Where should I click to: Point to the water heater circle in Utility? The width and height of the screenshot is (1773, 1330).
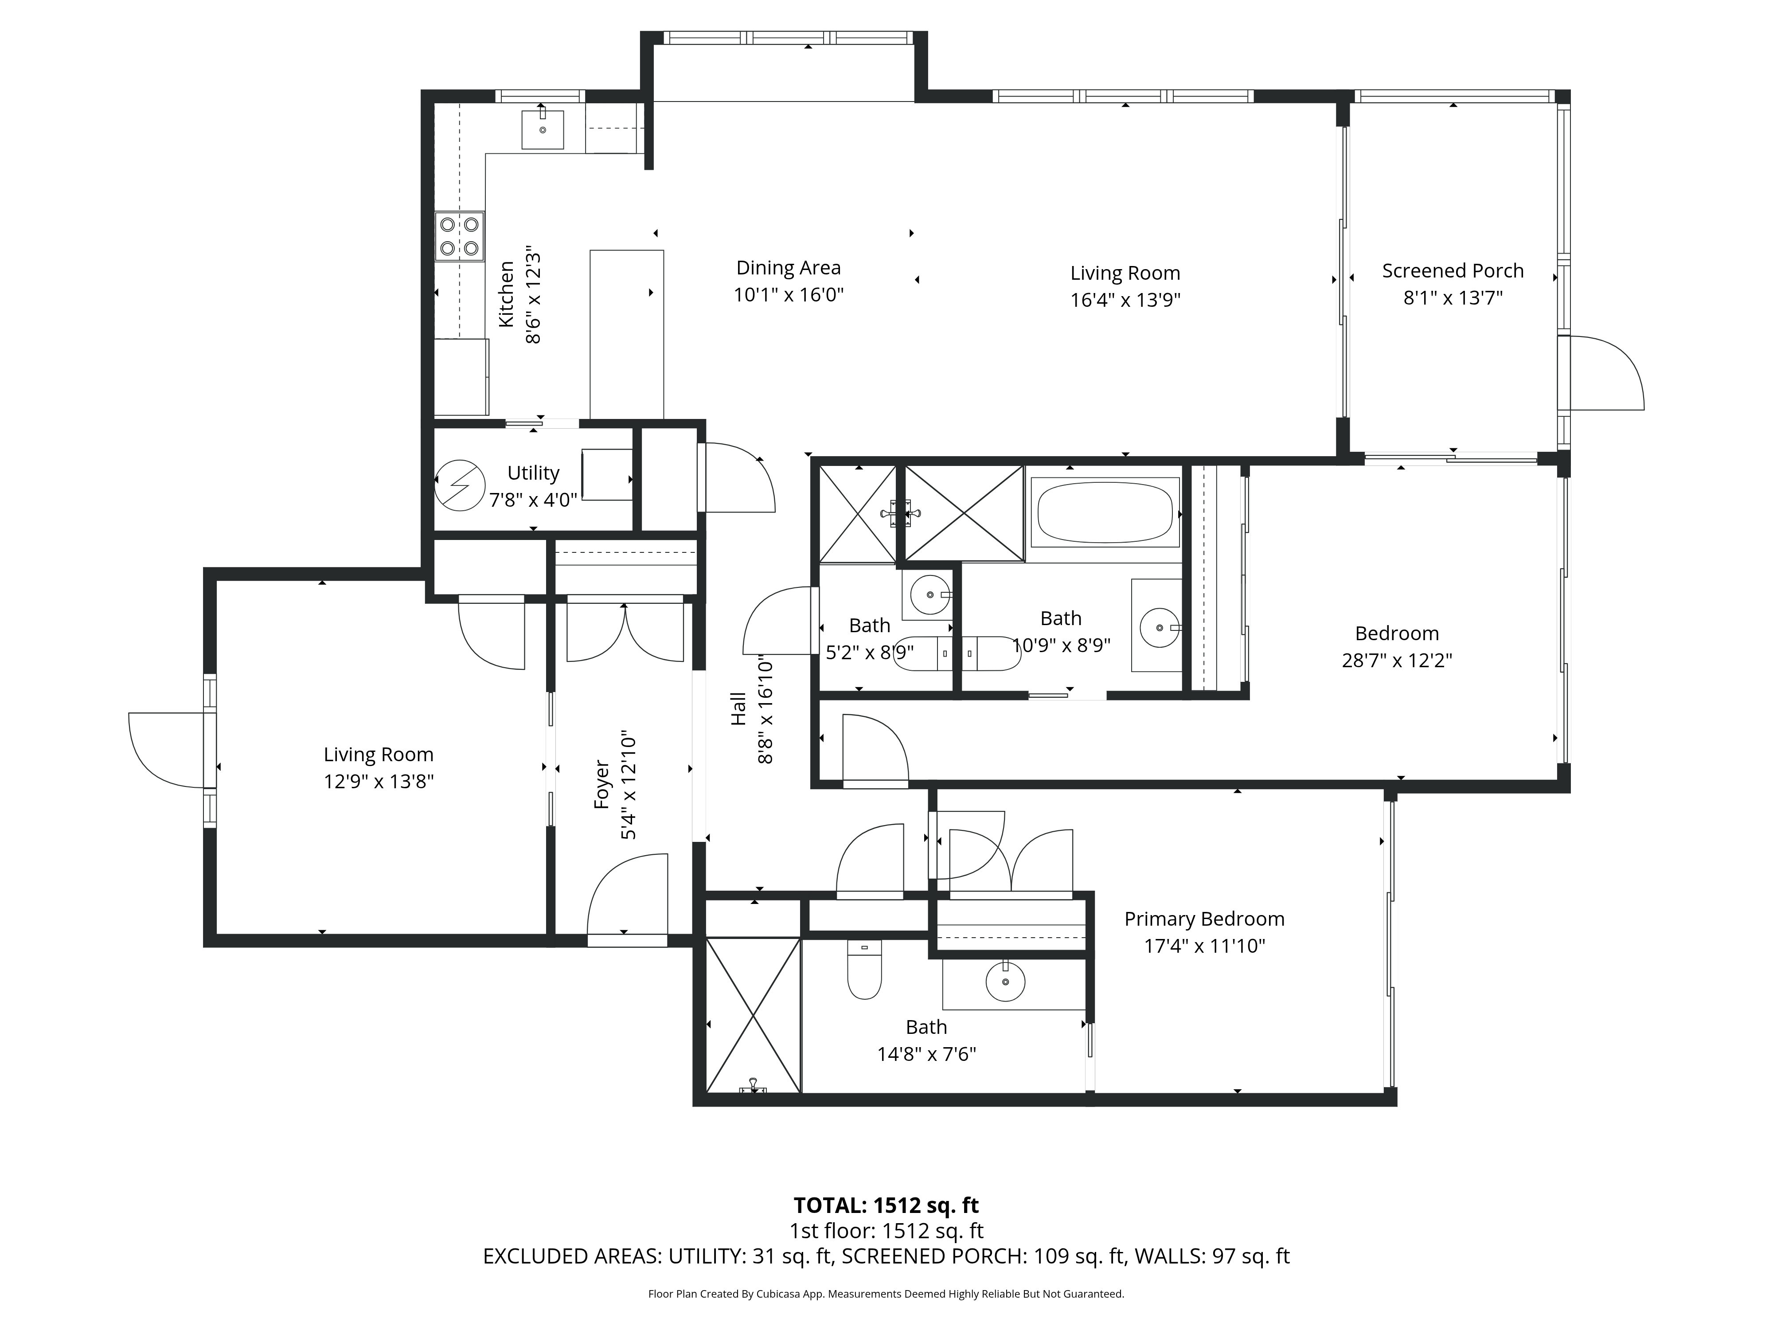(460, 484)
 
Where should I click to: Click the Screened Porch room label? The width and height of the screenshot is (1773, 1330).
(1453, 271)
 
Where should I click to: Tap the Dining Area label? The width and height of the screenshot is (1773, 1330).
(788, 268)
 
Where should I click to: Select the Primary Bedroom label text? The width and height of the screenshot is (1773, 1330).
(1204, 919)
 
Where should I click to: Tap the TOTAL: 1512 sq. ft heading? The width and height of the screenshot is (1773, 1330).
(886, 1206)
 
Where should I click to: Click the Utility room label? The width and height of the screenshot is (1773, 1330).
(533, 473)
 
